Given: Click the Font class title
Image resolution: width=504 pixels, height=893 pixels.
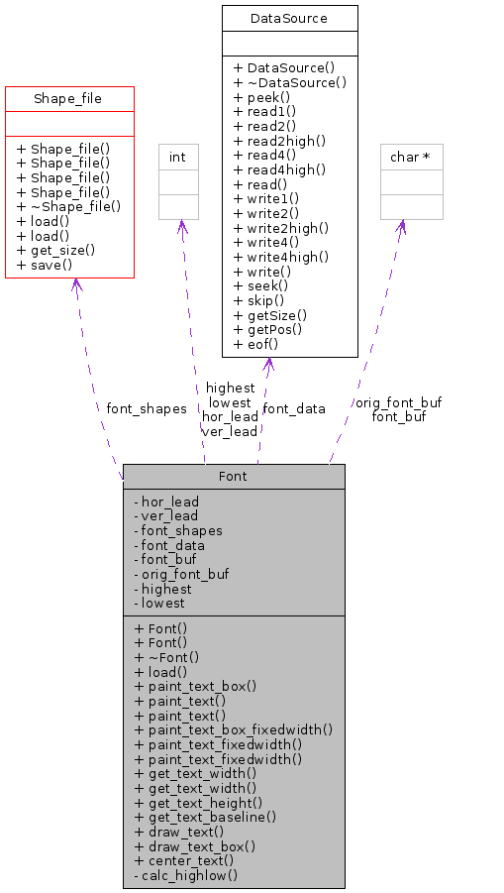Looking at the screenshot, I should [x=233, y=476].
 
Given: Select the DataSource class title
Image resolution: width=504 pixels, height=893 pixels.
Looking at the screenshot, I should [x=289, y=18].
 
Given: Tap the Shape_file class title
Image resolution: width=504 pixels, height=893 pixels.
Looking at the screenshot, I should [x=68, y=98].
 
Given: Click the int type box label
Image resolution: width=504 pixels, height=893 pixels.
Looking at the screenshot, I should [x=178, y=157].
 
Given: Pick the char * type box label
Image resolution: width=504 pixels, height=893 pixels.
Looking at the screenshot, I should [x=411, y=157].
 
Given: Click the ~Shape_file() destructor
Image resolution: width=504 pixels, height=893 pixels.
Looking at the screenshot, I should [x=68, y=206].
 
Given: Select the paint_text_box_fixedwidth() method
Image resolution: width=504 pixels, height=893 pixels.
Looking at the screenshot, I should [x=233, y=728].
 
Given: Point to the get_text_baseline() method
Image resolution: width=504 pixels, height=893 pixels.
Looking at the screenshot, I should [x=205, y=817].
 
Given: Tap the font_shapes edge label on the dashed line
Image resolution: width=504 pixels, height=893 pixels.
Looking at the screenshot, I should [x=146, y=408].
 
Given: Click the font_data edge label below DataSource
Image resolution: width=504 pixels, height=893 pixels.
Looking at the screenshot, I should [x=293, y=408].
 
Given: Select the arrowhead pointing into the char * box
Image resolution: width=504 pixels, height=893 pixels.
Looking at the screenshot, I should [x=402, y=227].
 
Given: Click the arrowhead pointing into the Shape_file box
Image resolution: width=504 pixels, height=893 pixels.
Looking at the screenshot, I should [x=75, y=285].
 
